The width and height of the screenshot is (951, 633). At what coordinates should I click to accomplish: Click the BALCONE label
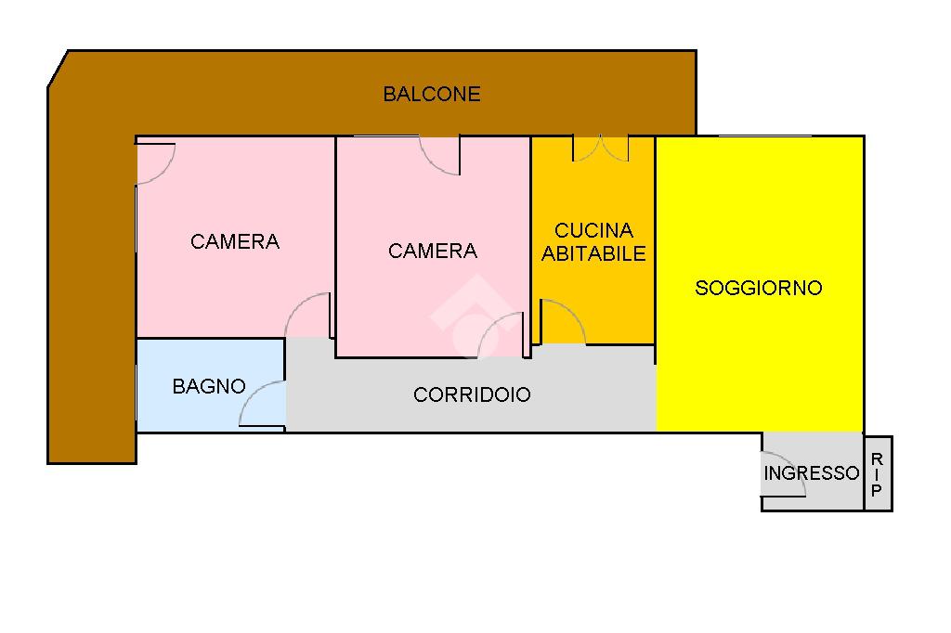click(432, 94)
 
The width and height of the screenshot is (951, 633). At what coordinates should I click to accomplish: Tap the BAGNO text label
click(209, 386)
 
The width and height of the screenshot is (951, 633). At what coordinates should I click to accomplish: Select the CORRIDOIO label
click(472, 394)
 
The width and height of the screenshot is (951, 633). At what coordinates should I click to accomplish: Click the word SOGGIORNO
click(759, 288)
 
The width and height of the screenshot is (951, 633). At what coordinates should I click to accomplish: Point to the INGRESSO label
click(812, 473)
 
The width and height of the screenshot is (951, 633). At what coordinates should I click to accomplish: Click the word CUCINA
click(593, 230)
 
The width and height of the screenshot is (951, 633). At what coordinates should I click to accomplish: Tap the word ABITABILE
click(593, 253)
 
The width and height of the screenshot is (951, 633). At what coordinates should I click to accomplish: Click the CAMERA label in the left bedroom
click(235, 241)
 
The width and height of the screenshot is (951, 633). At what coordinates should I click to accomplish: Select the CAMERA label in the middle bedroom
click(433, 251)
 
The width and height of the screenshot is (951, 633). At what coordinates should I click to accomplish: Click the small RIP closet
click(878, 473)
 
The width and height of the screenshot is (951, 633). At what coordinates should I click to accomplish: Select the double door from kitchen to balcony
click(601, 149)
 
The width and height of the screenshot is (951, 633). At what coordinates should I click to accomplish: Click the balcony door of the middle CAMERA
click(439, 155)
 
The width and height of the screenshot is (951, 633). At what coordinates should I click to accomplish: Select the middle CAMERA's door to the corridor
click(502, 335)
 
